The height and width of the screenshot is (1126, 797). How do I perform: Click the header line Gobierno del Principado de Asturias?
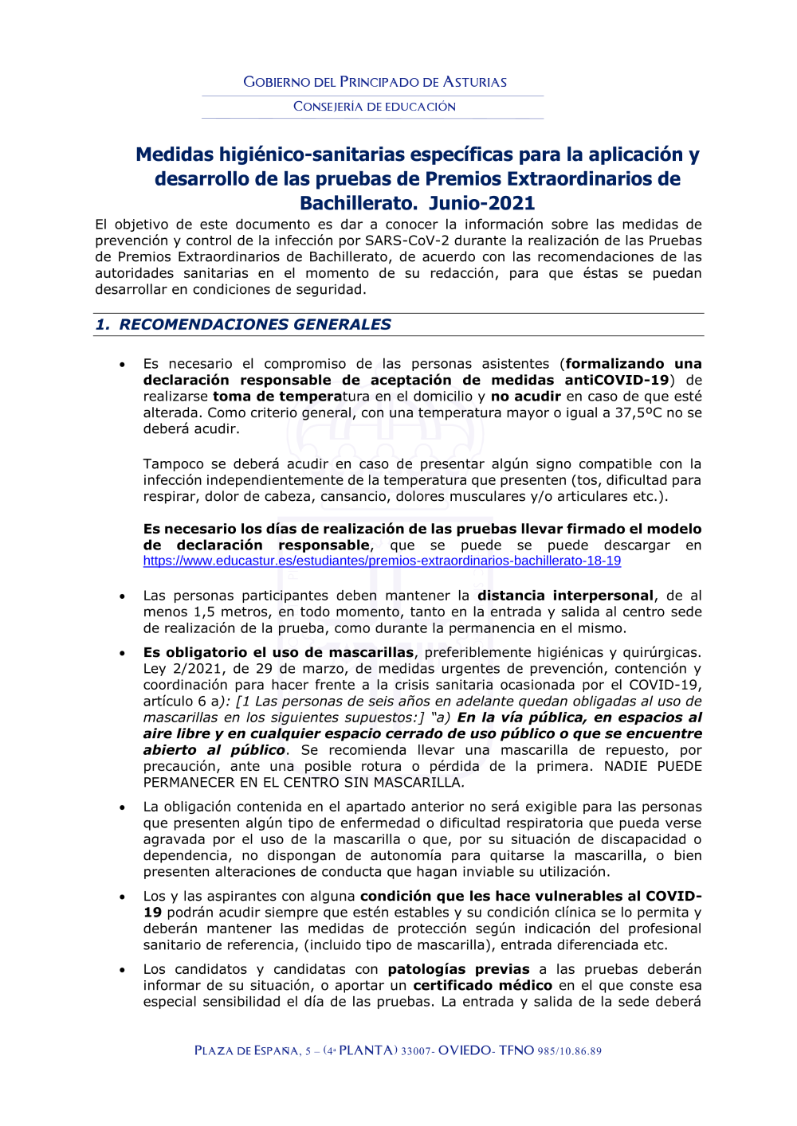(375, 82)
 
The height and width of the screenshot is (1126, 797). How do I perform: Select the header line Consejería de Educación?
(375, 107)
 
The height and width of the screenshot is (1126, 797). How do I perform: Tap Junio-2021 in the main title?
(482, 203)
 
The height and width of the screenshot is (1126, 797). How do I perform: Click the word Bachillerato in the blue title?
(358, 203)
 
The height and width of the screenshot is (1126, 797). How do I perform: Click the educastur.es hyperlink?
(382, 561)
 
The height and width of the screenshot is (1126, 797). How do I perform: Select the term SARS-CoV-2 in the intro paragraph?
(408, 240)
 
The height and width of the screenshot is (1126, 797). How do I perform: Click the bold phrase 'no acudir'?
(526, 397)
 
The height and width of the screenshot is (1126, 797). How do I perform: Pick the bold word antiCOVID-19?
(617, 380)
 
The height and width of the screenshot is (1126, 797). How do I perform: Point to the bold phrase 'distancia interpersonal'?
(565, 596)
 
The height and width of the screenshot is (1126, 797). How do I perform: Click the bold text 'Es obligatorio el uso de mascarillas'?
(278, 652)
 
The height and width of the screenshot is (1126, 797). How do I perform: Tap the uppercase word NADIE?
(626, 766)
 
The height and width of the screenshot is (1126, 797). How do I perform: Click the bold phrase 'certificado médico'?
(482, 985)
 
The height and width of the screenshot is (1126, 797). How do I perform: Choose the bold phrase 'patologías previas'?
(458, 969)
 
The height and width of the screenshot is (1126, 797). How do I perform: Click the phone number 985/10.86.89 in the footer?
(569, 1051)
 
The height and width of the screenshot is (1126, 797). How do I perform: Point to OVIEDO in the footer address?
(465, 1050)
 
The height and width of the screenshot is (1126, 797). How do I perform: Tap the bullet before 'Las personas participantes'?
(122, 596)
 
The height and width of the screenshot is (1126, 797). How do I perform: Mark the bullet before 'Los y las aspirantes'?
(122, 897)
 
